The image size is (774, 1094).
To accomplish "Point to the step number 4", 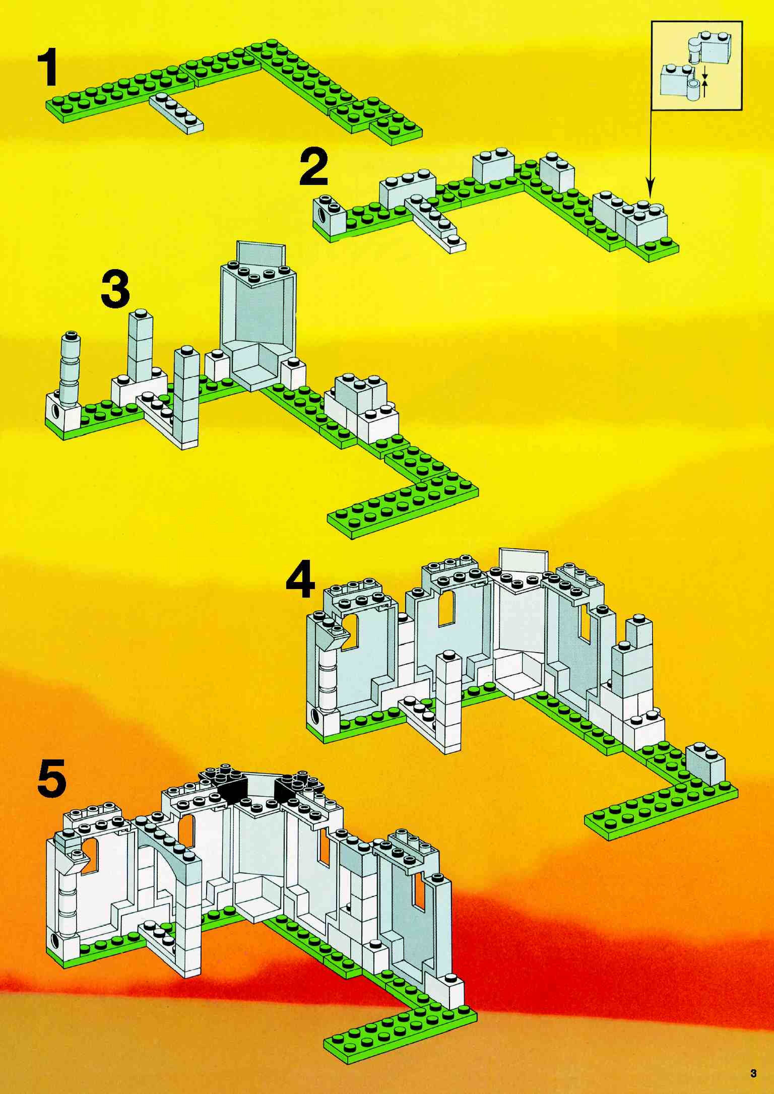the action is coord(301,579).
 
